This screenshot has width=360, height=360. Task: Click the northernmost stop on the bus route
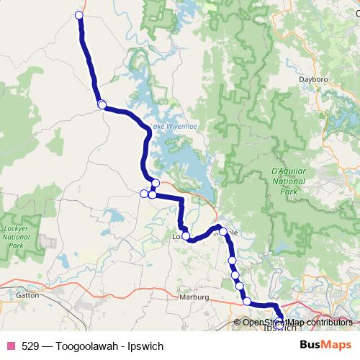78,15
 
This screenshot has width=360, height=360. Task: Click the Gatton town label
27,295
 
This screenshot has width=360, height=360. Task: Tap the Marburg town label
194,297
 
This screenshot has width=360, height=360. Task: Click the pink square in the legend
11,345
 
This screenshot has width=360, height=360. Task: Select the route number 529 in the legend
30,345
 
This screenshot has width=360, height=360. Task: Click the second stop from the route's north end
102,104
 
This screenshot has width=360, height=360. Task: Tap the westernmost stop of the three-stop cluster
143,193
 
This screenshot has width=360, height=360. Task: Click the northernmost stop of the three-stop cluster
156,182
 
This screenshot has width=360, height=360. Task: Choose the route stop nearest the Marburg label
247,301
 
